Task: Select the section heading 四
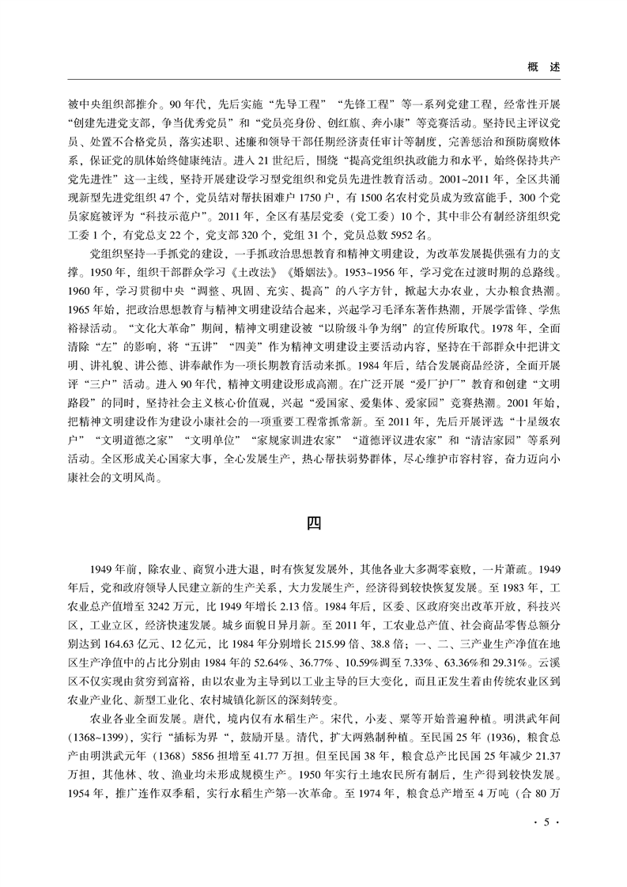click(x=313, y=523)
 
